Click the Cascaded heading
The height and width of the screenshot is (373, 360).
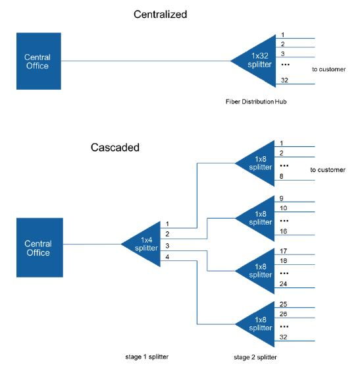pyautogui.click(x=115, y=148)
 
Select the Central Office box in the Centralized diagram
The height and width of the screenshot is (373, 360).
pyautogui.click(x=39, y=61)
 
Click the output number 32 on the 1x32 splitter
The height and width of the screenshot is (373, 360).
pyautogui.click(x=284, y=80)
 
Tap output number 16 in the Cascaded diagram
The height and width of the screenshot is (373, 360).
pyautogui.click(x=284, y=231)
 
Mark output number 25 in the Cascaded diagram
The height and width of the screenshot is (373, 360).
pyautogui.click(x=284, y=304)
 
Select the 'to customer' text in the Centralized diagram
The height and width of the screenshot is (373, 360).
pyautogui.click(x=329, y=67)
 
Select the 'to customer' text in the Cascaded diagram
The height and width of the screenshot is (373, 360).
pyautogui.click(x=328, y=170)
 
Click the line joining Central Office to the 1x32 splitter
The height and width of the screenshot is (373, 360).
pyautogui.click(x=145, y=61)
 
